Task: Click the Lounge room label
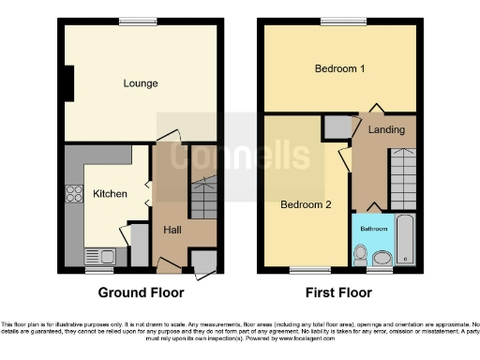click(141, 83)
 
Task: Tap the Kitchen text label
click(110, 194)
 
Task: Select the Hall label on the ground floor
click(172, 230)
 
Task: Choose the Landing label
click(386, 129)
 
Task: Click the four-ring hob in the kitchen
click(73, 196)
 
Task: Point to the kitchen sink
click(98, 256)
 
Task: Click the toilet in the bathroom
click(361, 254)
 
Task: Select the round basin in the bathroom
click(382, 258)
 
